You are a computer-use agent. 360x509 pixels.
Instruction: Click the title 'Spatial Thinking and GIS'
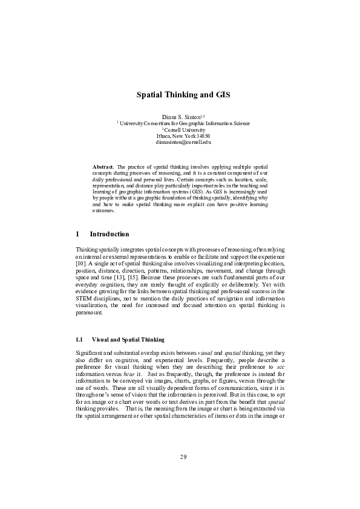click(183, 95)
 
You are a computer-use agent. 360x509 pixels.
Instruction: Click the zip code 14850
click(202, 136)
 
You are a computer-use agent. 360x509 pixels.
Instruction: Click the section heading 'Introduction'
click(109, 234)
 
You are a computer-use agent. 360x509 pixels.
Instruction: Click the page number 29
click(183, 473)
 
